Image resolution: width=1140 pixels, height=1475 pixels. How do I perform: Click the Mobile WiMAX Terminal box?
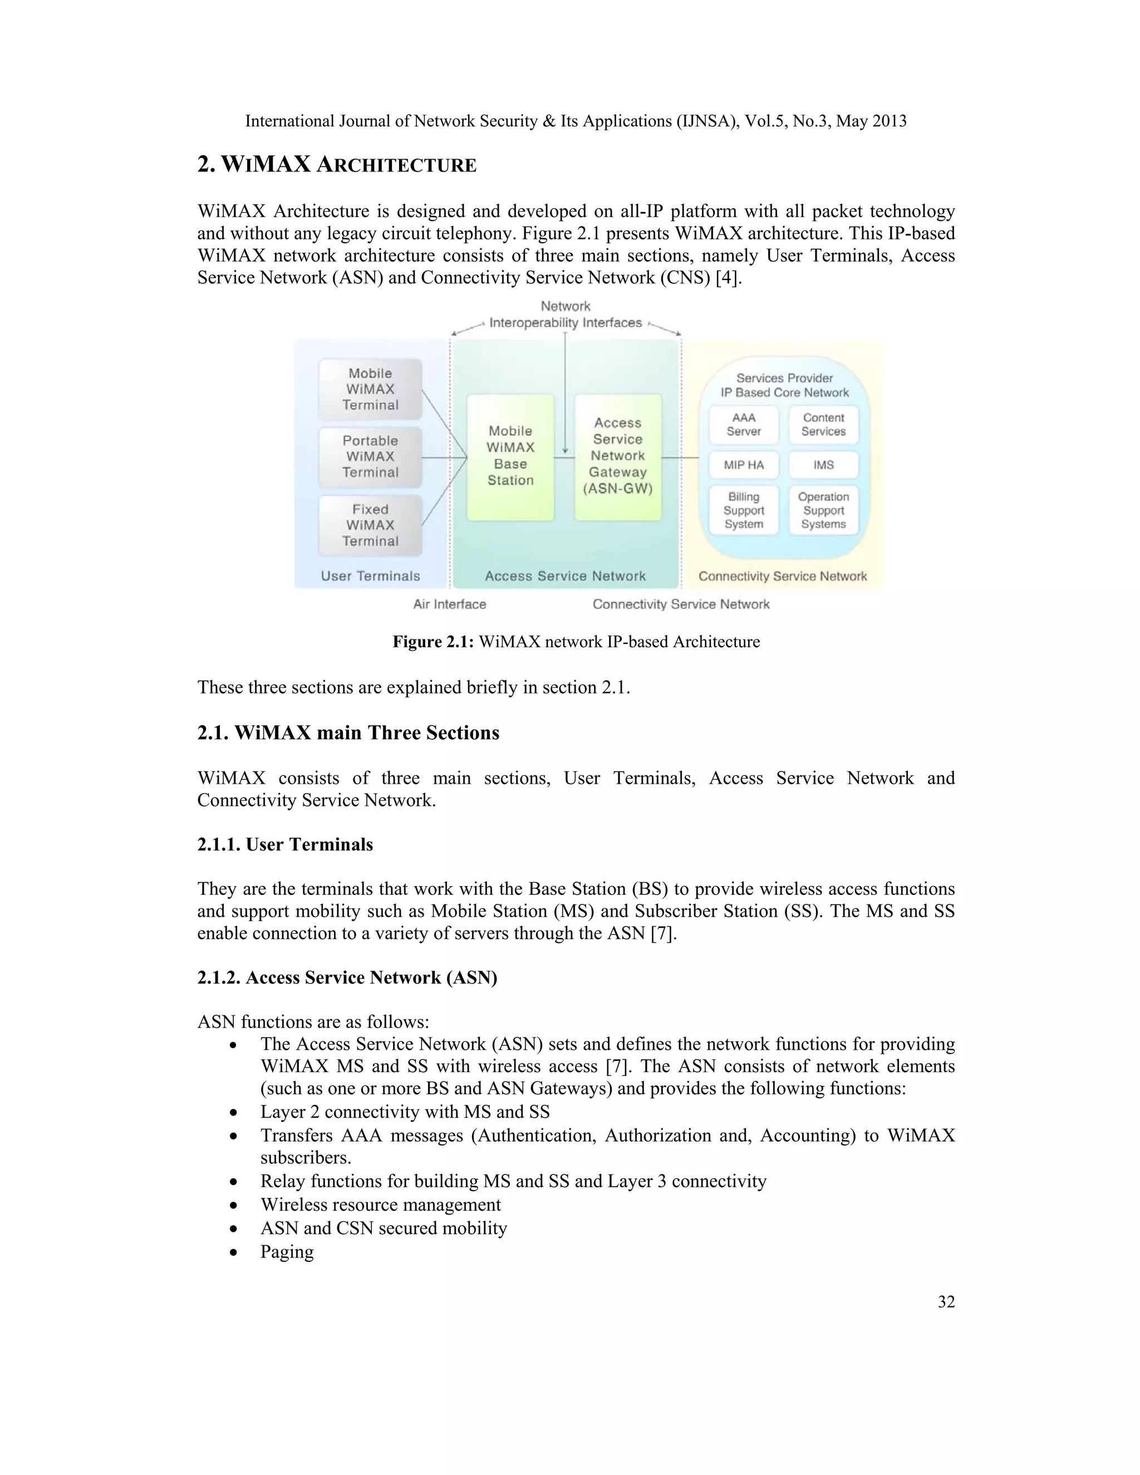point(370,389)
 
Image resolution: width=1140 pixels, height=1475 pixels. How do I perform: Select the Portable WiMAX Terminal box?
point(370,456)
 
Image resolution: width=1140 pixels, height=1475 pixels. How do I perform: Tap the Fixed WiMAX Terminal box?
point(370,525)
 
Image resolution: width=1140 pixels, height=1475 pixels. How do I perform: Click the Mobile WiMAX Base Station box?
point(510,456)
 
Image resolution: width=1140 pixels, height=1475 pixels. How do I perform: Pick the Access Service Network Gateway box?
point(618,456)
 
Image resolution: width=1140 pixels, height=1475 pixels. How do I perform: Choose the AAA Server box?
point(744,425)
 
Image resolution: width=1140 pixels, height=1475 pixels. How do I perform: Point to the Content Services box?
point(823,425)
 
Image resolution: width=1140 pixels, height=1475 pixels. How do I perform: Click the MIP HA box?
point(744,465)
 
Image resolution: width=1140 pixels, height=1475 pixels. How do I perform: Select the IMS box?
point(823,465)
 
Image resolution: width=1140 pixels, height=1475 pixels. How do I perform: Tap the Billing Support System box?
point(744,510)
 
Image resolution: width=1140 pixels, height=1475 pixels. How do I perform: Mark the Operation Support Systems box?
point(823,510)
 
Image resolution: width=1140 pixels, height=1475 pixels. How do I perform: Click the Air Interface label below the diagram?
point(449,604)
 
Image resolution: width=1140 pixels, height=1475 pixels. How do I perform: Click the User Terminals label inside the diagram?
point(370,576)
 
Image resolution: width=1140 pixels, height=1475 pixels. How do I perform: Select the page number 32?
point(946,1302)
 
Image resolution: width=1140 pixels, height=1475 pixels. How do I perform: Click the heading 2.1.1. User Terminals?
point(285,845)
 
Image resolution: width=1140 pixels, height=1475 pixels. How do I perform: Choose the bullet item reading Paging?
point(287,1251)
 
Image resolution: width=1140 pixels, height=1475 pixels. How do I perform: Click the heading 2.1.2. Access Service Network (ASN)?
point(347,978)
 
